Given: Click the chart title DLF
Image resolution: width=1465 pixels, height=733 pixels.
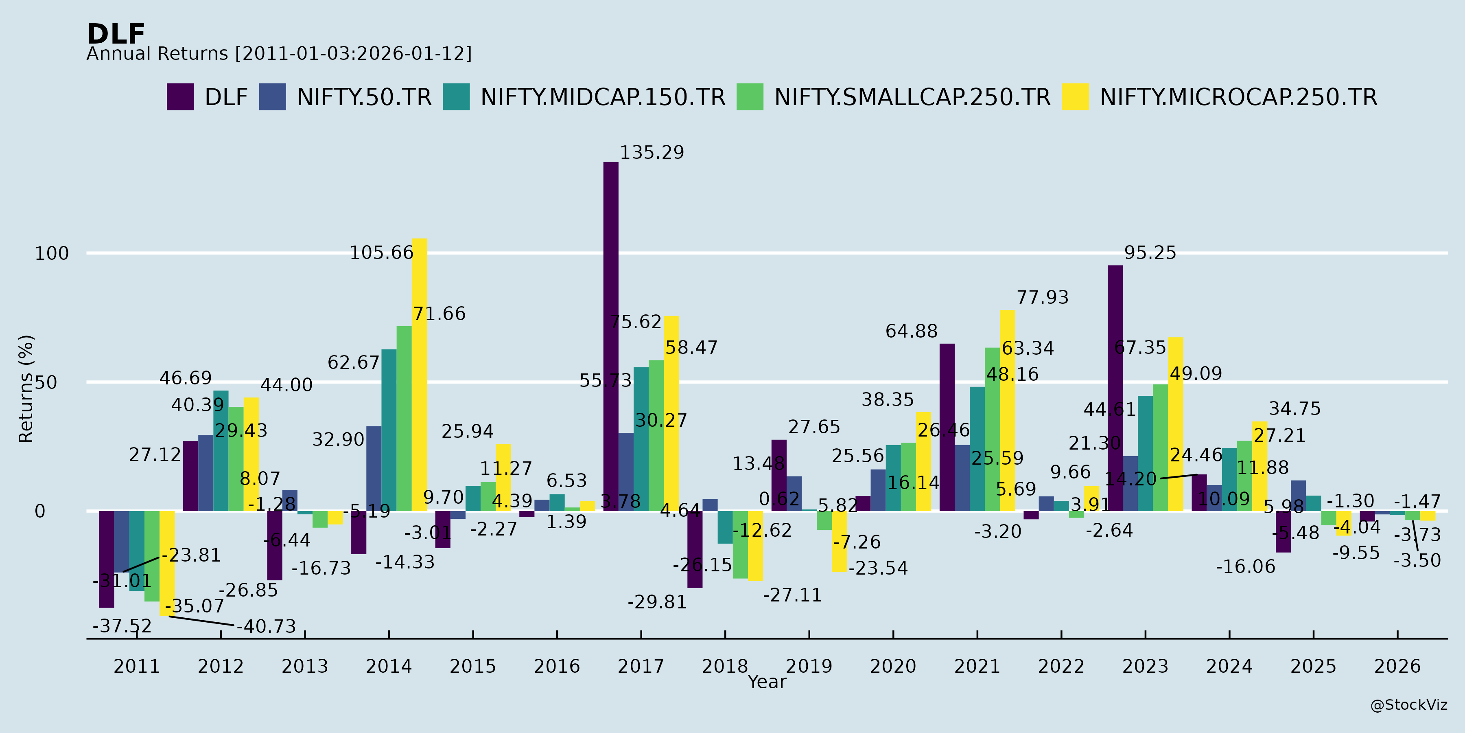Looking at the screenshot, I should click(x=116, y=34).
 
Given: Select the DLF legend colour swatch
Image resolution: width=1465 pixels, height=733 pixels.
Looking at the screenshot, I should click(x=180, y=97).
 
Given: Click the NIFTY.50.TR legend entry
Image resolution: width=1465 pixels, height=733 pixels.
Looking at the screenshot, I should click(x=364, y=97).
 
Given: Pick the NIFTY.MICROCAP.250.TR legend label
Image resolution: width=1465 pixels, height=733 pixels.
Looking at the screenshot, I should click(x=1238, y=97).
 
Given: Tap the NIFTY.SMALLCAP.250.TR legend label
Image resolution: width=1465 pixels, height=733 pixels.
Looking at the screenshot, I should click(x=912, y=97).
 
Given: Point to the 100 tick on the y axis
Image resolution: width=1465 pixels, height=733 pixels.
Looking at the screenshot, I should click(x=52, y=254).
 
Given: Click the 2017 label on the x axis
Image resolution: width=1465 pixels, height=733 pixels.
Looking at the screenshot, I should click(x=641, y=666).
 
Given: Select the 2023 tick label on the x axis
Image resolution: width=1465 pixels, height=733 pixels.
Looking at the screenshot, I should click(x=1145, y=666).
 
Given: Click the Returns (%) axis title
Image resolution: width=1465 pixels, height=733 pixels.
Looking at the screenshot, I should click(x=26, y=389).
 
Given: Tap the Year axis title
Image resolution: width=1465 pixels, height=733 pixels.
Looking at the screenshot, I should click(x=767, y=682).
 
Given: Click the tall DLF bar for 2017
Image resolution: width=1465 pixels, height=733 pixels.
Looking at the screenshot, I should click(x=611, y=336).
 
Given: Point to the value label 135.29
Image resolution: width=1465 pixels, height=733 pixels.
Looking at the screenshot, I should click(x=652, y=153).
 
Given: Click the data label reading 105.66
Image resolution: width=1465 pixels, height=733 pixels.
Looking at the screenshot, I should click(x=381, y=252).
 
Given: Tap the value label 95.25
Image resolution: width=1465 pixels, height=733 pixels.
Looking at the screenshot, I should click(x=1150, y=252).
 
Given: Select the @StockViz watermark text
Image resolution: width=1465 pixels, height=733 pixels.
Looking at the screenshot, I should click(x=1409, y=705).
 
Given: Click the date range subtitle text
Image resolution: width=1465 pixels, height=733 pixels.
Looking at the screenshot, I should click(x=279, y=53).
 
